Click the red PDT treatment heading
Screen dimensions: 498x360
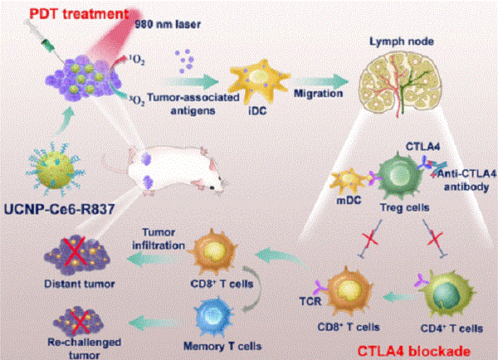[80, 14]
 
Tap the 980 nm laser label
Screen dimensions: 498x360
[168, 24]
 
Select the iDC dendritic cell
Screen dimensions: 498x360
[259, 80]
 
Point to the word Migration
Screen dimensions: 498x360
[318, 94]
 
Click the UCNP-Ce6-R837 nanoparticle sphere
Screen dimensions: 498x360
[55, 169]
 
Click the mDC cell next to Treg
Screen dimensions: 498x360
[349, 180]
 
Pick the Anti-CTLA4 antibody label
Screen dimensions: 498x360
[466, 180]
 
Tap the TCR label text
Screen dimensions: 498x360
[310, 301]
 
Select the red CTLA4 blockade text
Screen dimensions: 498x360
[413, 352]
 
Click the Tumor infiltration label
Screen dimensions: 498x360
[159, 239]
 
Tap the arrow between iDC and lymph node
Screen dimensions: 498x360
[320, 81]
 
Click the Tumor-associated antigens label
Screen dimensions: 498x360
[193, 104]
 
